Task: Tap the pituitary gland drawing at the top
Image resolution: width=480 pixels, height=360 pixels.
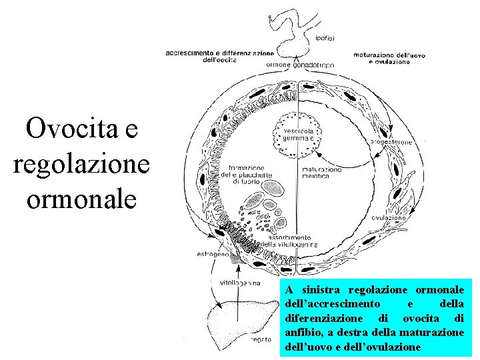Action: [292, 30]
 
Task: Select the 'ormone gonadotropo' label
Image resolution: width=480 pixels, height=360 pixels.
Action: [299, 65]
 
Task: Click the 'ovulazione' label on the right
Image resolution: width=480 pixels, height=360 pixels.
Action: [389, 218]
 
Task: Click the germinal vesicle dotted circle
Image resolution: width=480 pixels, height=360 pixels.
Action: [297, 137]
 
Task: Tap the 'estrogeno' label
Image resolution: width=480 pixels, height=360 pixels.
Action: [213, 254]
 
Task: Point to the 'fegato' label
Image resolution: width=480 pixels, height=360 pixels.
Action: [261, 340]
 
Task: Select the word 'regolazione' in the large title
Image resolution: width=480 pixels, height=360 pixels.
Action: [82, 163]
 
